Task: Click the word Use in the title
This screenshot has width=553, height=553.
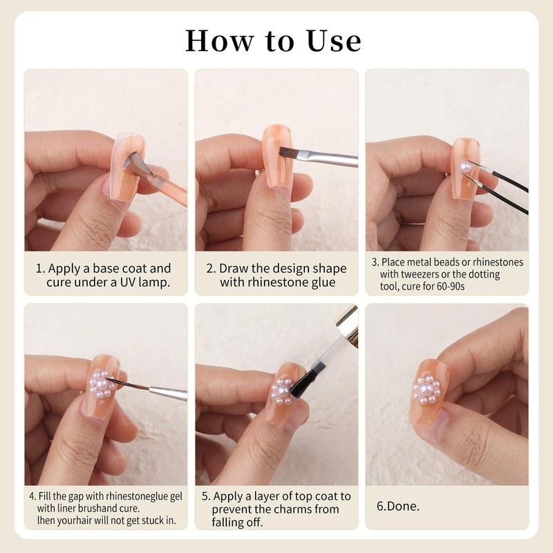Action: [x=334, y=41]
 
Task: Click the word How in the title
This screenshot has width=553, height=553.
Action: [x=220, y=41]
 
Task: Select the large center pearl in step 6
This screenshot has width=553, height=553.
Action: [x=427, y=390]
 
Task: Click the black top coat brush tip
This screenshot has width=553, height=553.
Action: [x=302, y=383]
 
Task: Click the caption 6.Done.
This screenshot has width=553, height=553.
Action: [x=398, y=506]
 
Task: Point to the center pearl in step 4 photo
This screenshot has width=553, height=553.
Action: [x=101, y=384]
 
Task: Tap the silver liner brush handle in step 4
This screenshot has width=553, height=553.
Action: [x=168, y=393]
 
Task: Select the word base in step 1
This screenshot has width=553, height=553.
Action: [x=105, y=268]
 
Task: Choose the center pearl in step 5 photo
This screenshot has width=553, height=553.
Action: [x=283, y=391]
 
